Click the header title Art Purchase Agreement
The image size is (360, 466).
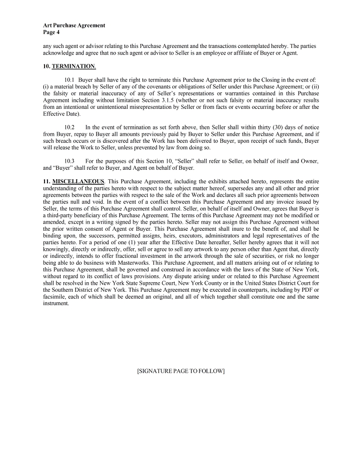click(x=73, y=25)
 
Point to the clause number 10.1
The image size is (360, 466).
click(x=69, y=80)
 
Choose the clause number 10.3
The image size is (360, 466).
click(x=69, y=161)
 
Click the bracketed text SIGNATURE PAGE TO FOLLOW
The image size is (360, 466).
click(x=180, y=371)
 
